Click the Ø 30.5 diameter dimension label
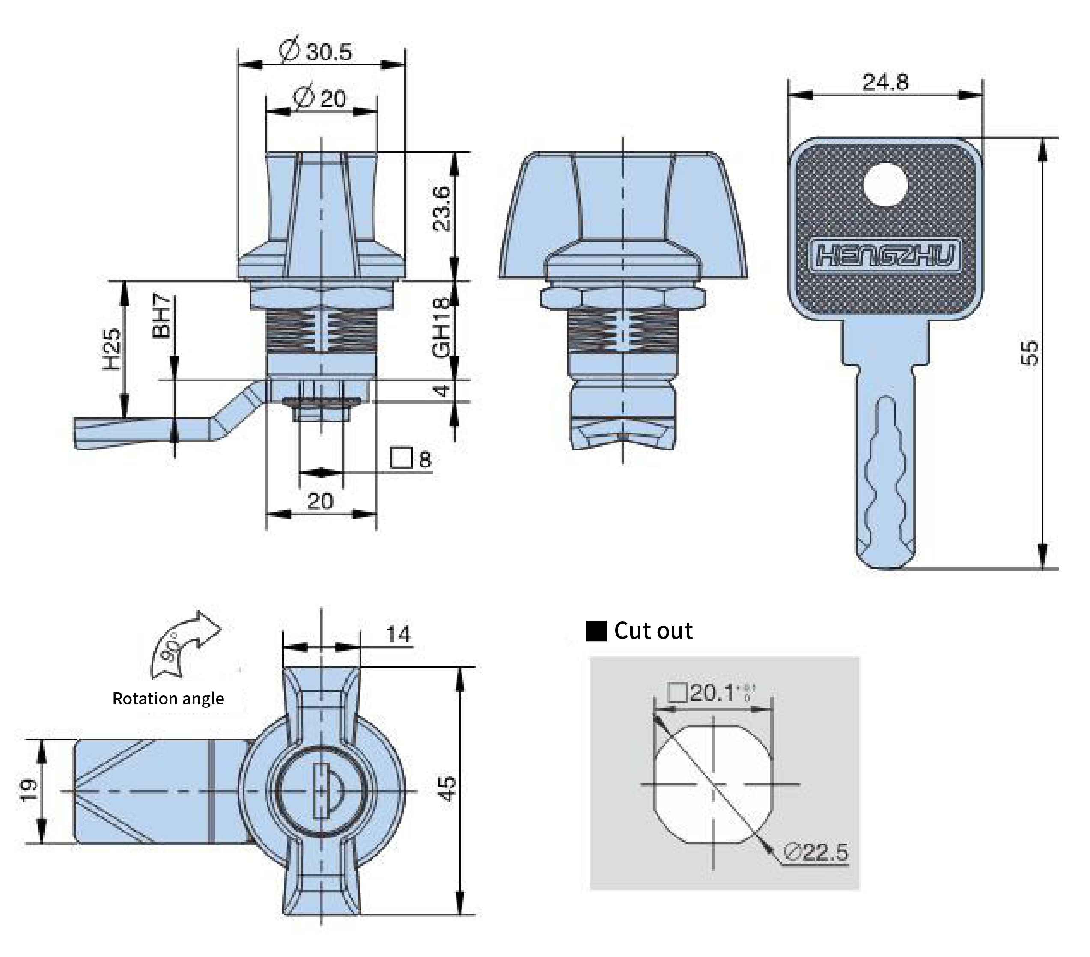click(316, 52)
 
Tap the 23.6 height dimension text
click(443, 208)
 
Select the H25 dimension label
click(111, 349)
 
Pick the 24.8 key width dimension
click(885, 82)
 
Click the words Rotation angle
click(168, 698)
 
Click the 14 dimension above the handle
click(398, 634)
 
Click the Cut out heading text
click(653, 631)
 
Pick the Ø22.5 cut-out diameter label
click(816, 852)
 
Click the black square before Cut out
click(596, 631)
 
